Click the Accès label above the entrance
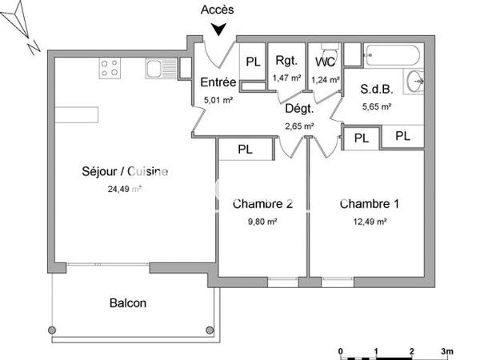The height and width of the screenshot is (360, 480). (x=218, y=10)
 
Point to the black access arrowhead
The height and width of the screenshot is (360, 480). (x=218, y=30)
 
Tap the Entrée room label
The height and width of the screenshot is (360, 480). (x=218, y=82)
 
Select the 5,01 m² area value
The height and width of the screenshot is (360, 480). (x=218, y=100)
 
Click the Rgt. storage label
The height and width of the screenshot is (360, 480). (x=286, y=61)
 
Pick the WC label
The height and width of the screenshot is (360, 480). (x=325, y=62)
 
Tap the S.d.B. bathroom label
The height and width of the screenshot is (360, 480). (x=374, y=89)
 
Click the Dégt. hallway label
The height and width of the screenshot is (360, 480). (x=299, y=110)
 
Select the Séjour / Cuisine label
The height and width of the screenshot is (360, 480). (x=125, y=171)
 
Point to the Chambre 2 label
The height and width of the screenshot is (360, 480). (x=262, y=203)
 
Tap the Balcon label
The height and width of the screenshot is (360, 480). (x=128, y=303)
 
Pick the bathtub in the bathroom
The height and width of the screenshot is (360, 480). (x=390, y=57)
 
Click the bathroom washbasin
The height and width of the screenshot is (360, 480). (x=414, y=80)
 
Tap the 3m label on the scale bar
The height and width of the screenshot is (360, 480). (x=447, y=350)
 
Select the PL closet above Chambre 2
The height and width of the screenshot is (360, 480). (x=246, y=149)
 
